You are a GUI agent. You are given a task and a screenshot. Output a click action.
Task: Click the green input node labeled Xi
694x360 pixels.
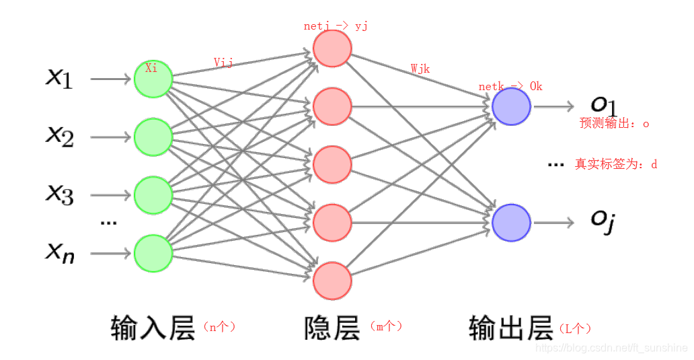153,79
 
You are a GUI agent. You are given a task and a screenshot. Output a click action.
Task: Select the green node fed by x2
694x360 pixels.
153,137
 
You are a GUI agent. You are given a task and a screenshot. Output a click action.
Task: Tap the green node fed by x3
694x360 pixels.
153,195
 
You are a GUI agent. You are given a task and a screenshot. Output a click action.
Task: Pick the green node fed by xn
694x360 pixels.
153,253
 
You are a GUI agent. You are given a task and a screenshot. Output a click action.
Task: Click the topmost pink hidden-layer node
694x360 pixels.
332,48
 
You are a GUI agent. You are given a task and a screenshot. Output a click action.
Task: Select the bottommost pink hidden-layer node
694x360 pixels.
332,281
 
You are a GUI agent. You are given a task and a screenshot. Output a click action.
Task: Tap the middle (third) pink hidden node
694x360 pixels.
332,164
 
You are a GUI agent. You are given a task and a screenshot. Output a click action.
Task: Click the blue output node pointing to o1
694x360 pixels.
511,106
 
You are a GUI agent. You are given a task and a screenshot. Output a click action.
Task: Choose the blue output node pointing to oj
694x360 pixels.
511,222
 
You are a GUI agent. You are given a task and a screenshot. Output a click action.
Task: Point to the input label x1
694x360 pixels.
59,78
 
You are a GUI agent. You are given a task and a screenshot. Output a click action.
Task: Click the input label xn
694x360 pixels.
60,253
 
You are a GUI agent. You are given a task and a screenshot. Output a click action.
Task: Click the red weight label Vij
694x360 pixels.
223,63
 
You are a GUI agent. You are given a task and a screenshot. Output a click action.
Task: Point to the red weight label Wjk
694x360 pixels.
420,69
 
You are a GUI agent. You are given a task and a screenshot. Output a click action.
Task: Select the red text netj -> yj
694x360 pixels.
336,27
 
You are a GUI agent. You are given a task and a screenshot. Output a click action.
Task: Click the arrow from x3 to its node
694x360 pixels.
111,195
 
